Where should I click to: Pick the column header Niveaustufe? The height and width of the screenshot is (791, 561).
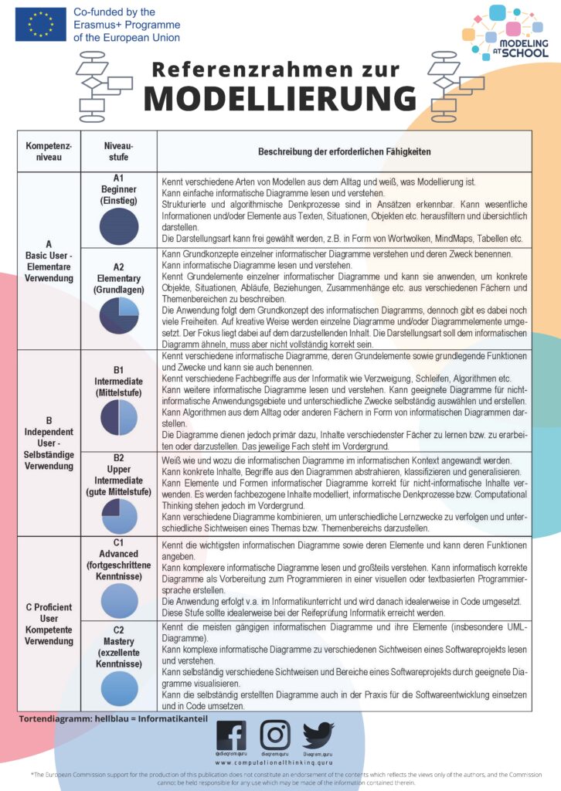118,151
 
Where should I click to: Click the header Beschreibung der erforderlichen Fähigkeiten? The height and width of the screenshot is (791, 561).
344,151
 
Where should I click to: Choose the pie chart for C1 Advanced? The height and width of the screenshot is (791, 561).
118,600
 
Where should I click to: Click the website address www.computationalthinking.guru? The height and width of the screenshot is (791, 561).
274,763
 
